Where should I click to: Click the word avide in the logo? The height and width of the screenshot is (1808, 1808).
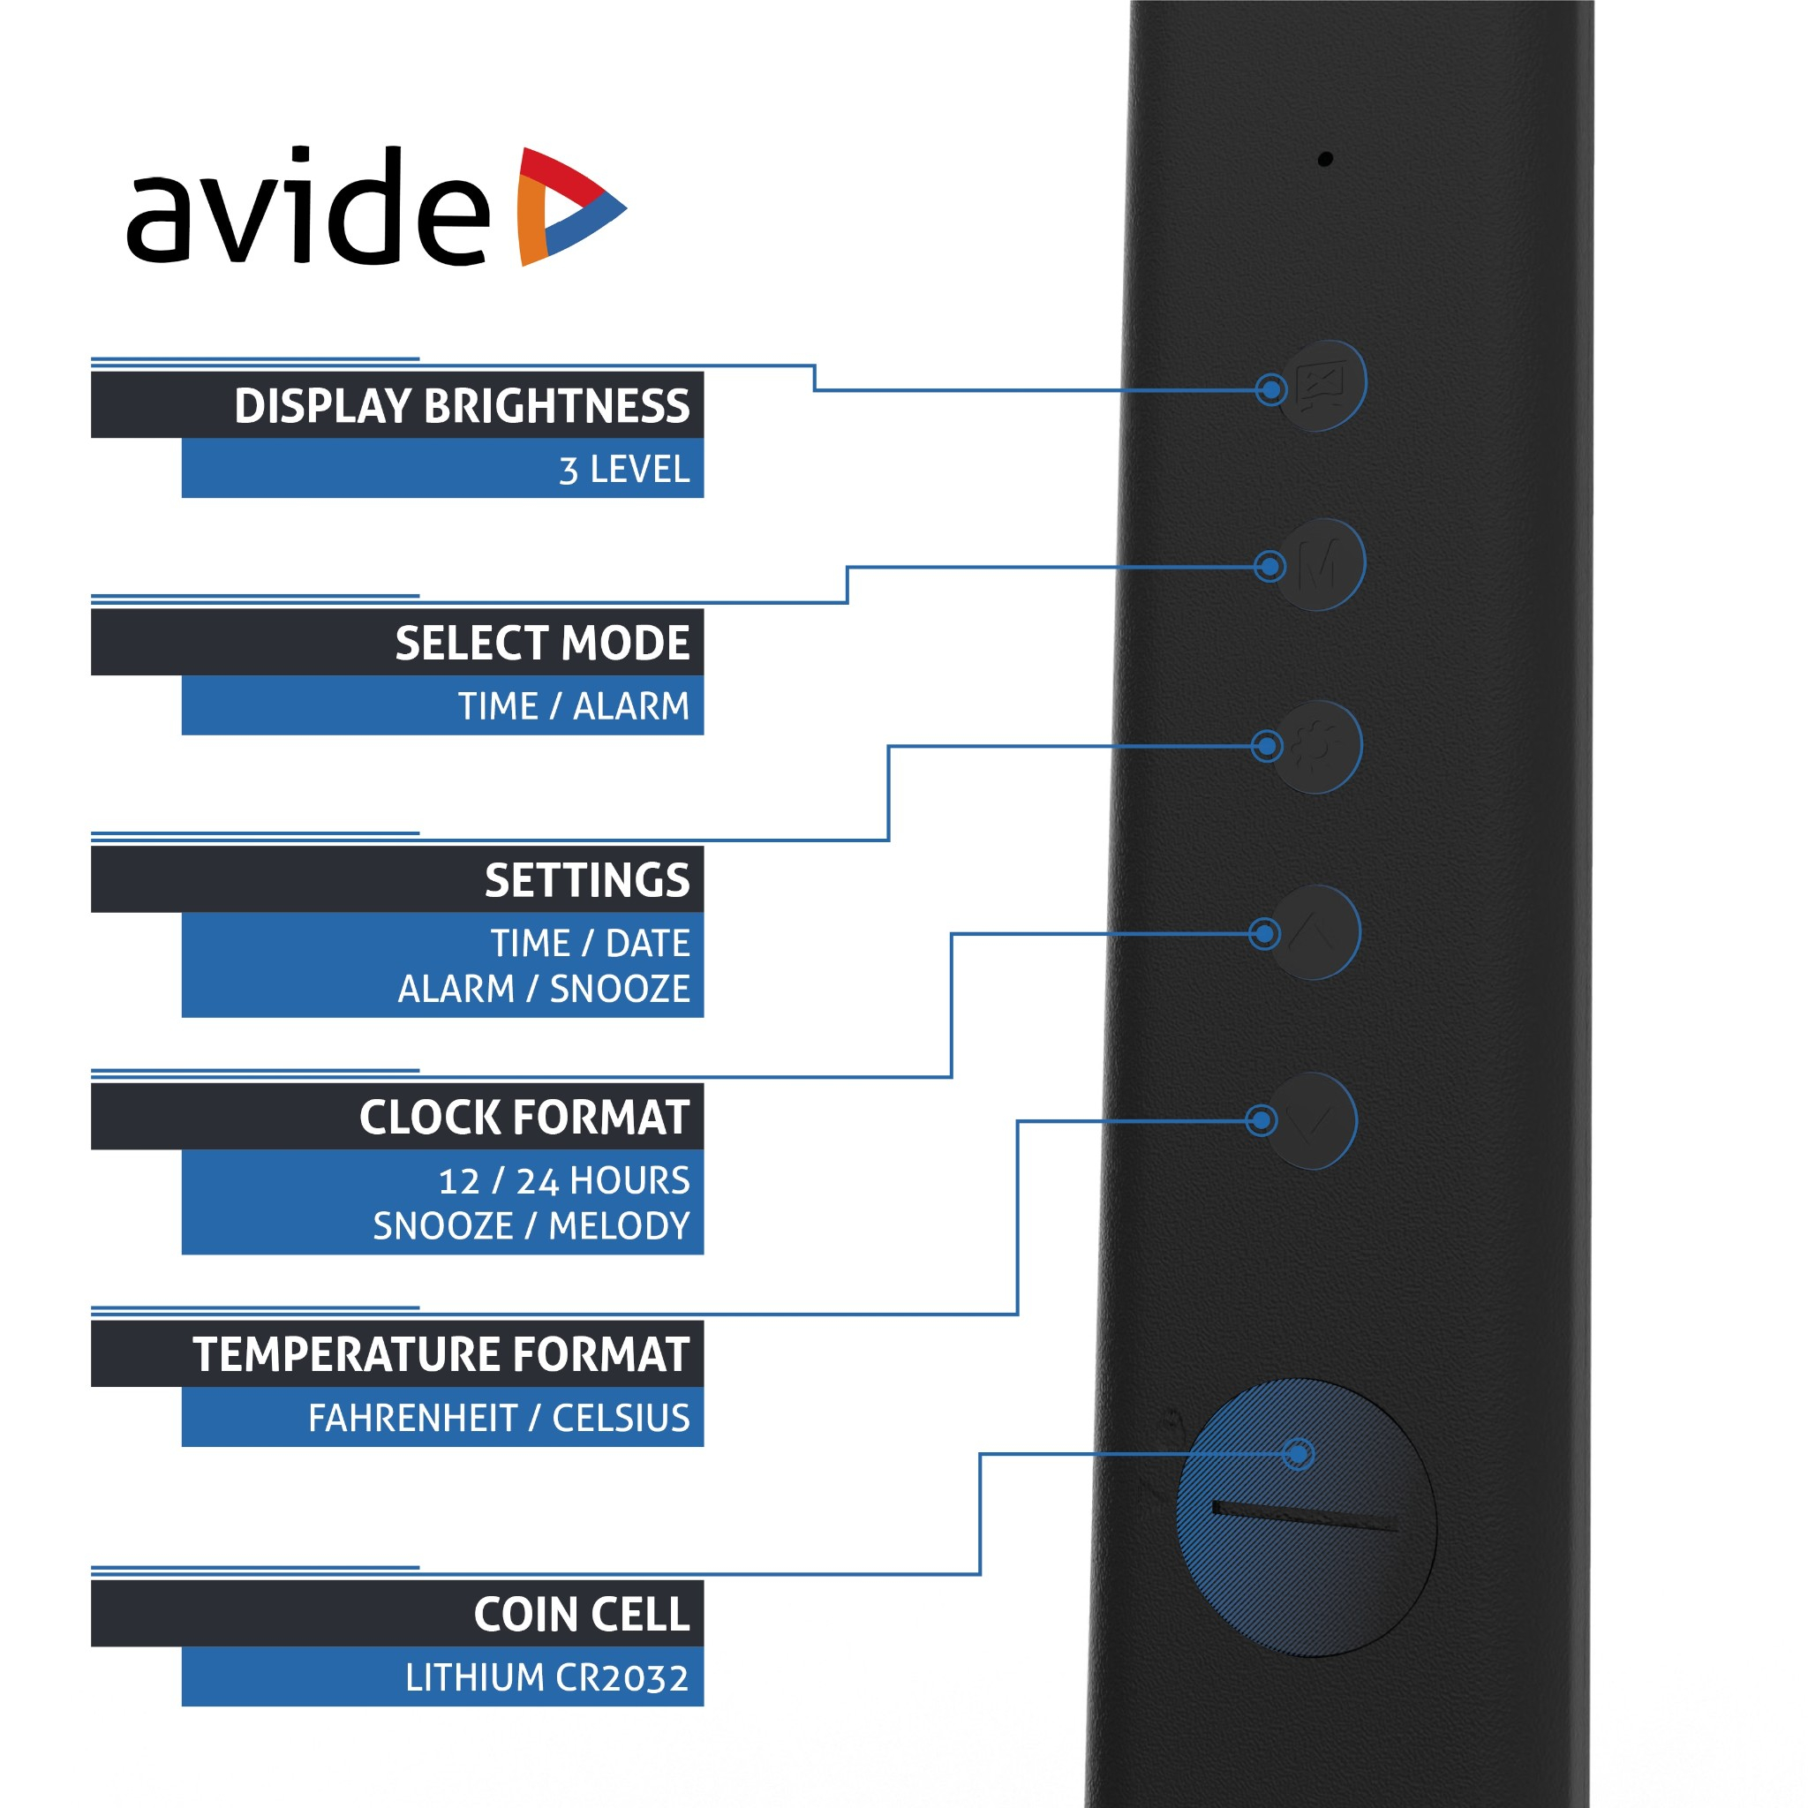[x=308, y=206]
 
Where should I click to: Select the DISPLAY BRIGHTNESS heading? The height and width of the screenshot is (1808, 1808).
[x=462, y=406]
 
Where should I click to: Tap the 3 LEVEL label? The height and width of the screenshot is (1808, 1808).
[x=624, y=470]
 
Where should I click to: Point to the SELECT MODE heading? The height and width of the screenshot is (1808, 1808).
[x=542, y=643]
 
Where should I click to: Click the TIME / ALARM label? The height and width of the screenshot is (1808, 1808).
[x=574, y=706]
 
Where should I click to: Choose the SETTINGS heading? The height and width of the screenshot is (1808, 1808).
[x=587, y=880]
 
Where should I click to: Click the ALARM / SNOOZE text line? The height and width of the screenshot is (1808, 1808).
[x=544, y=988]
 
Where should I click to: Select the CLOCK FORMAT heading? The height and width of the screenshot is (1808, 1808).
[x=524, y=1118]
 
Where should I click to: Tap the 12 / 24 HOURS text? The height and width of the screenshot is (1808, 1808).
[x=564, y=1181]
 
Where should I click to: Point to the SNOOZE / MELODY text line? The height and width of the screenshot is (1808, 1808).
[x=531, y=1226]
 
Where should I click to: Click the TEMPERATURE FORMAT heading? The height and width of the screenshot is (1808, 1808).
[x=441, y=1355]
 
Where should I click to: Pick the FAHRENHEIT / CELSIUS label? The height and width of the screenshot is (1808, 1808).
[x=499, y=1419]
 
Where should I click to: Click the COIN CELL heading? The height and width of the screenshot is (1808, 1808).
[x=581, y=1616]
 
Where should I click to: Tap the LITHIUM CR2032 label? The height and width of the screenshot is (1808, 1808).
[x=547, y=1678]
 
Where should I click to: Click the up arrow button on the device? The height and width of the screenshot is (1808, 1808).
[x=1313, y=932]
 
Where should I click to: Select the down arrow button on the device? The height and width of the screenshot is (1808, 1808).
[x=1310, y=1120]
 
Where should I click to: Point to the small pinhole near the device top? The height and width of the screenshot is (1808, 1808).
[x=1325, y=159]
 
